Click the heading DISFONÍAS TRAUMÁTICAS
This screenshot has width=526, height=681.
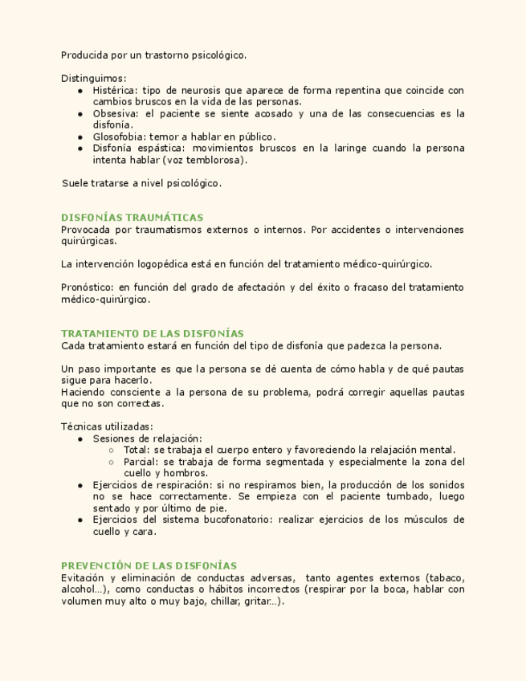(x=132, y=218)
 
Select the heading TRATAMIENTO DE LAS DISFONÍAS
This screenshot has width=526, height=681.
(x=153, y=333)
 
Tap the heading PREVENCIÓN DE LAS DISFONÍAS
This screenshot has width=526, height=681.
(x=149, y=566)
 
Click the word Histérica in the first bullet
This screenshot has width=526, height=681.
(x=114, y=91)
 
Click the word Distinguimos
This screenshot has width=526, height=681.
(x=92, y=79)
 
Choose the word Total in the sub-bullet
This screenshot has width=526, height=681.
(x=136, y=450)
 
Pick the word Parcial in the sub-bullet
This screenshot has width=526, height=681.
(x=140, y=462)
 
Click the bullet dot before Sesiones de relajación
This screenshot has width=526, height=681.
(x=81, y=439)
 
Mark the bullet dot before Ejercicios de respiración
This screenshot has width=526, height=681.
(x=81, y=486)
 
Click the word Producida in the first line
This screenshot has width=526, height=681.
(x=84, y=55)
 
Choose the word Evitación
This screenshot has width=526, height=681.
(x=83, y=578)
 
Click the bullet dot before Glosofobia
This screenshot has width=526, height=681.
(x=81, y=137)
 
